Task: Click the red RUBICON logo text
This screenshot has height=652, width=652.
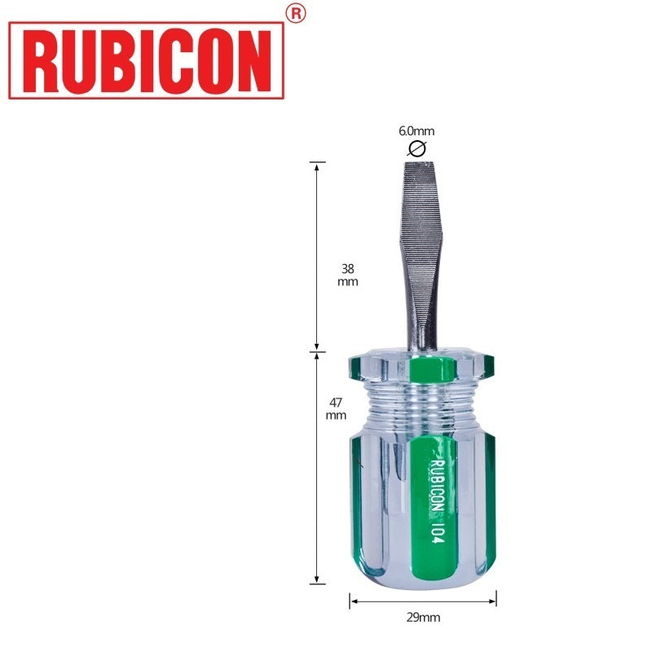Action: tap(146, 60)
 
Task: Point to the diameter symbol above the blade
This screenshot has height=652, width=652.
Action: tap(416, 148)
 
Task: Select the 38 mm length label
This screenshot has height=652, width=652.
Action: tap(346, 275)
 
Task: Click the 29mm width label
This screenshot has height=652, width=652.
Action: tap(423, 617)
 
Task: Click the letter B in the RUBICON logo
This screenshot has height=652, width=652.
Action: tap(112, 60)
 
